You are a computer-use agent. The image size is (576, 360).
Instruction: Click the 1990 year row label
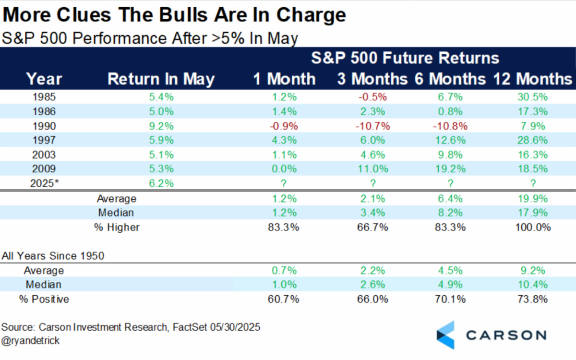(x=44, y=126)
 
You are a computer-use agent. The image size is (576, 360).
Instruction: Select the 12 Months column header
(x=533, y=78)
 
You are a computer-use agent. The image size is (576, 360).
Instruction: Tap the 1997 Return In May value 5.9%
(x=161, y=140)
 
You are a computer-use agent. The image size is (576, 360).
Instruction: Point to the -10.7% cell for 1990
(x=372, y=126)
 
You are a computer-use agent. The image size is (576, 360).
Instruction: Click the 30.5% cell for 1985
(x=532, y=97)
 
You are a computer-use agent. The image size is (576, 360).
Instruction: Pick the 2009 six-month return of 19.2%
(x=450, y=168)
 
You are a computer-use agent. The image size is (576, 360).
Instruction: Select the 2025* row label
(x=45, y=183)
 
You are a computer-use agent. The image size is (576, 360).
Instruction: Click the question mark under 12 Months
(x=533, y=183)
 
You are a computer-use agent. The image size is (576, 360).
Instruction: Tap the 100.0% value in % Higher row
(x=533, y=228)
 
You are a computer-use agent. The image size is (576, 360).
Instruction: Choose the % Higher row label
(x=117, y=228)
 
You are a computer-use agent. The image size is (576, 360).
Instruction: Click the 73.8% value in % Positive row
(x=532, y=299)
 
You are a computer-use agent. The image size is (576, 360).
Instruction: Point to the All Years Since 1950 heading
(x=53, y=255)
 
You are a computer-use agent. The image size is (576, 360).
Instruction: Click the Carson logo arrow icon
(x=445, y=335)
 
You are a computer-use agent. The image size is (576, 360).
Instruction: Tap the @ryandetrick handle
(x=30, y=340)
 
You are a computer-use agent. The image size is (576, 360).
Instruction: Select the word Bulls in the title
(x=183, y=15)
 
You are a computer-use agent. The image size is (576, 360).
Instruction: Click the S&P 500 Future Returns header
(x=405, y=58)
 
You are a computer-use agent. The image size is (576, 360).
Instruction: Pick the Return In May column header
(x=161, y=79)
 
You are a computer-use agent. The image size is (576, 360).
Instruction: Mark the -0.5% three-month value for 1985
(x=372, y=97)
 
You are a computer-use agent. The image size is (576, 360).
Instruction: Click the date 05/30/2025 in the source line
(x=235, y=327)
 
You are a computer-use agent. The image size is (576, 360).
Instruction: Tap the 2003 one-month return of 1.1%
(x=284, y=155)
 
